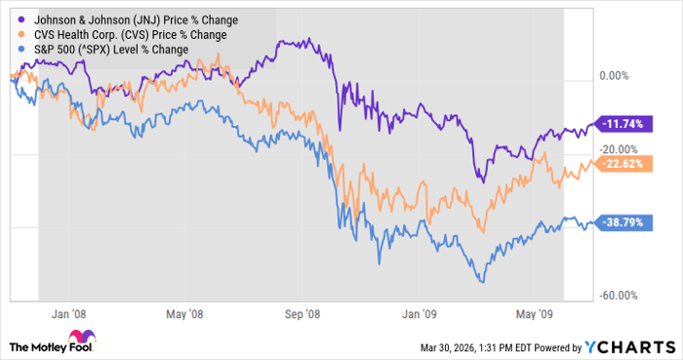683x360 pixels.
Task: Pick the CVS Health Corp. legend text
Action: tap(127, 34)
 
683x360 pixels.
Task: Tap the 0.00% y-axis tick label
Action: tap(615, 76)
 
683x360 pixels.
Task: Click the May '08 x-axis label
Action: tap(184, 314)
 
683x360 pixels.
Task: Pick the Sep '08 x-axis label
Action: tap(303, 314)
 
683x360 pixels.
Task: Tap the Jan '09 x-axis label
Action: tap(421, 314)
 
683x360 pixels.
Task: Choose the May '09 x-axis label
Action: tap(535, 314)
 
